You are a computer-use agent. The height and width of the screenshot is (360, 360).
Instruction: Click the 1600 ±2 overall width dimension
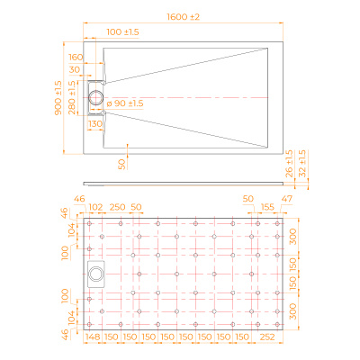click(x=183, y=17)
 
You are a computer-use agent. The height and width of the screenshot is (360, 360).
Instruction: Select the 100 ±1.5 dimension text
click(x=122, y=32)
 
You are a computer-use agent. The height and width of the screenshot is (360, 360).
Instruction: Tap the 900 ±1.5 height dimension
click(x=58, y=97)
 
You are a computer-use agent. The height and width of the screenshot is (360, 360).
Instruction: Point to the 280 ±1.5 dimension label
click(x=72, y=97)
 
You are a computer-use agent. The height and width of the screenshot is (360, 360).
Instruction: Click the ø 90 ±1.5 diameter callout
click(x=125, y=103)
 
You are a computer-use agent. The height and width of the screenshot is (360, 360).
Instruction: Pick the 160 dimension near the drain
click(x=76, y=57)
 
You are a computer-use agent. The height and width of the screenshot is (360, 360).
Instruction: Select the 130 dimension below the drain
click(x=95, y=123)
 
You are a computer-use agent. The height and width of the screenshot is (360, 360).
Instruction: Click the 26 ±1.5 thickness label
click(x=289, y=164)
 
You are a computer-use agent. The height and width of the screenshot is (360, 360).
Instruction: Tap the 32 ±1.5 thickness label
click(x=302, y=164)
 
